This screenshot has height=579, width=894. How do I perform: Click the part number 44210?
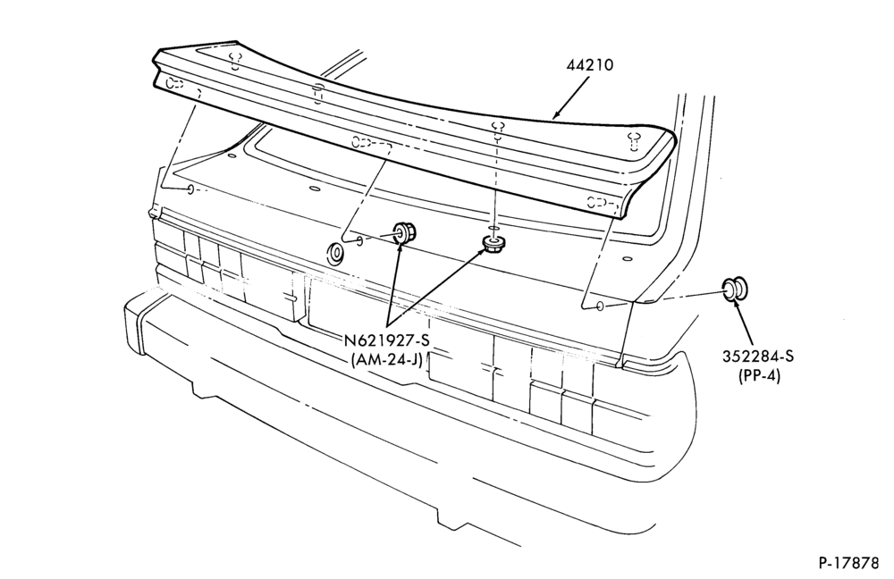[x=589, y=65]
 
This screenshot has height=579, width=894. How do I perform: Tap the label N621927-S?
[x=386, y=340]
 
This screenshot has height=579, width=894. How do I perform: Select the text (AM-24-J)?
[x=386, y=359]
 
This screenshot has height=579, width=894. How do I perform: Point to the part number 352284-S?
[x=758, y=357]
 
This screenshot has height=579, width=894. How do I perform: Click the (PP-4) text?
[x=758, y=376]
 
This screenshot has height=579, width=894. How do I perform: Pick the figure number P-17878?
[x=849, y=563]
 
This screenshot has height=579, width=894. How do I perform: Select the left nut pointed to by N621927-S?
[x=404, y=232]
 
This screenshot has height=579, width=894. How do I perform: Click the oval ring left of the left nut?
[x=334, y=253]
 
